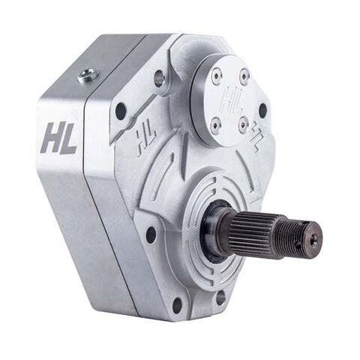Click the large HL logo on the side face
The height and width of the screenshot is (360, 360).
tap(58, 139)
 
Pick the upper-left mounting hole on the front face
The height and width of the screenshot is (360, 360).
tap(121, 111)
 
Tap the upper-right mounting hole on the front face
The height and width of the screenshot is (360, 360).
tap(262, 111)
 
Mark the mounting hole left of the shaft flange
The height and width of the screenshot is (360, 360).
tap(151, 234)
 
